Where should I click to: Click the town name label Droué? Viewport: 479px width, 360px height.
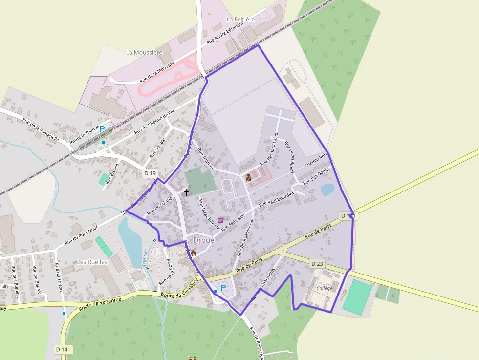pos(204,240)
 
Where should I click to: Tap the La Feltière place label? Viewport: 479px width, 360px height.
pos(241,19)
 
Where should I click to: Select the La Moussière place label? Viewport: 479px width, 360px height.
pos(144,52)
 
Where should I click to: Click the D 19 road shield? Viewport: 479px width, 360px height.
pos(150,173)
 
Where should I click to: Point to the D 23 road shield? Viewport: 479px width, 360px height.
pos(317,264)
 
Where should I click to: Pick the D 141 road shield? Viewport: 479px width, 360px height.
pos(64,349)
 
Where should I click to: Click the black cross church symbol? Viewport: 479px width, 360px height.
pos(187,192)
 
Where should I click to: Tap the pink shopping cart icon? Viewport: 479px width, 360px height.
pos(220,220)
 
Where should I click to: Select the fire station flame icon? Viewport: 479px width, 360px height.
pos(194,253)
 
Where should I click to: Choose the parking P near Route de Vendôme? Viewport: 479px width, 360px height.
pos(224,288)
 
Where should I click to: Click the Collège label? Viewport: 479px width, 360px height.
pos(324,288)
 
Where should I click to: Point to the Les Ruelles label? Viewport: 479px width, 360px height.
pos(92,262)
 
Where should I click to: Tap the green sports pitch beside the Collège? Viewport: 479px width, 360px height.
pos(357,296)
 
